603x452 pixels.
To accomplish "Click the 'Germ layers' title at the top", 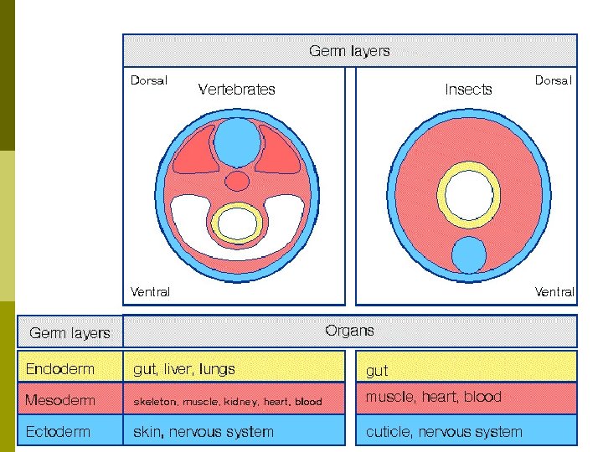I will (x=349, y=51).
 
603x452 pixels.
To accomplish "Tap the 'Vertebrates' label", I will (x=236, y=89).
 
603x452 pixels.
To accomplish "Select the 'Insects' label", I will (x=468, y=89).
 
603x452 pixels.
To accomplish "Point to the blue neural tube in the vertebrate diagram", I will (x=238, y=141).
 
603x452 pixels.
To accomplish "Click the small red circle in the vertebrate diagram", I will (x=238, y=181).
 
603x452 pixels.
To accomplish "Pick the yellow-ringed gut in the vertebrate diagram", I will (x=238, y=223).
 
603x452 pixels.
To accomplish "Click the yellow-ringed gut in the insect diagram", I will (x=469, y=195).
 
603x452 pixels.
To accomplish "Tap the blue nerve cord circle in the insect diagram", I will (x=468, y=254).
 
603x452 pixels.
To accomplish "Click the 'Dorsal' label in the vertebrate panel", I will (x=149, y=81).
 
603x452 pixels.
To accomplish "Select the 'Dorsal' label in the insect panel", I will (x=554, y=81).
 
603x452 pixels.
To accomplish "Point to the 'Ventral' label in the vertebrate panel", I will (x=150, y=292).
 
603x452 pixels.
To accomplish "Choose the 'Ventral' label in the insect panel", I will (x=554, y=292).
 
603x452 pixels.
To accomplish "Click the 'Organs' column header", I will (x=349, y=331).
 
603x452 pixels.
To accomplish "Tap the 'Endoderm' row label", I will (x=60, y=368).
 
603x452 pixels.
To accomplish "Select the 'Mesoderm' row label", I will (x=60, y=400).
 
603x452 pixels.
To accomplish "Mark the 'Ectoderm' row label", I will (x=58, y=432).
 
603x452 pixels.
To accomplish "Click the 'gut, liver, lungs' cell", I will (x=184, y=368).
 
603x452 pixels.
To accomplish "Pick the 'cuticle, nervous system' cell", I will (x=444, y=432).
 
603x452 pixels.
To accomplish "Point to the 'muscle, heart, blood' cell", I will (x=433, y=397).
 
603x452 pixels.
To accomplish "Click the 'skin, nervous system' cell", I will (x=204, y=432).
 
